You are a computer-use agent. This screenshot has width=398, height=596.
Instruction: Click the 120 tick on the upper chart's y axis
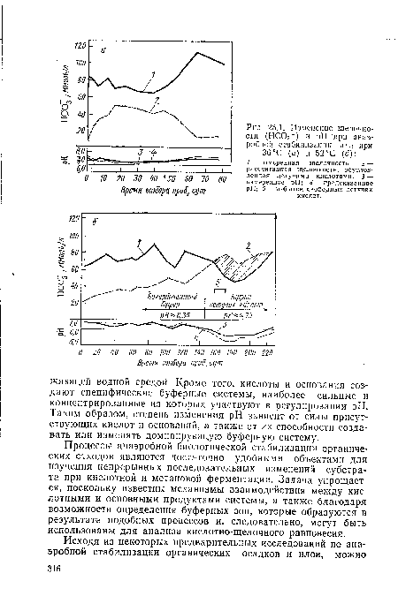coord(81,43)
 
